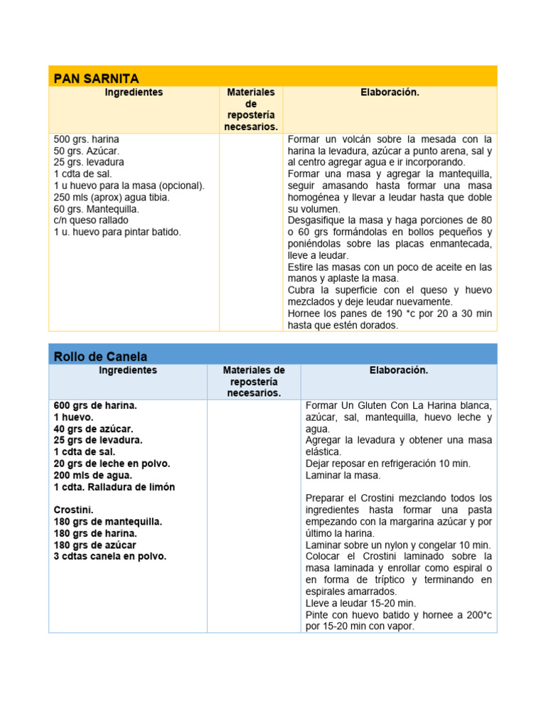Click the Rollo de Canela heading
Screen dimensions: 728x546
click(100, 356)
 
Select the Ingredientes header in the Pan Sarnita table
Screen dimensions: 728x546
click(134, 92)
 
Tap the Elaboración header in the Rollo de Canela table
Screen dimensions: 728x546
click(399, 370)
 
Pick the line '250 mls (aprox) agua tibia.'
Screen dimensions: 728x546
click(112, 197)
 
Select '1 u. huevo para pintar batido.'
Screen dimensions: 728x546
click(117, 232)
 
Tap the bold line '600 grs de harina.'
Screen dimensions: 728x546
click(95, 405)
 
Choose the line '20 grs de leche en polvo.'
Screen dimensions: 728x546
click(112, 464)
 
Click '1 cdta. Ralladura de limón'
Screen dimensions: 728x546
click(114, 487)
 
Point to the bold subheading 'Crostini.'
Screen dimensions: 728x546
click(73, 510)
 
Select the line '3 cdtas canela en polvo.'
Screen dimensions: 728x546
click(109, 556)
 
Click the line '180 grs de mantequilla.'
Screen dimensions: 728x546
click(107, 521)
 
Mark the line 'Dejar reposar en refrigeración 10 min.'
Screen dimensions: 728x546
click(387, 464)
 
